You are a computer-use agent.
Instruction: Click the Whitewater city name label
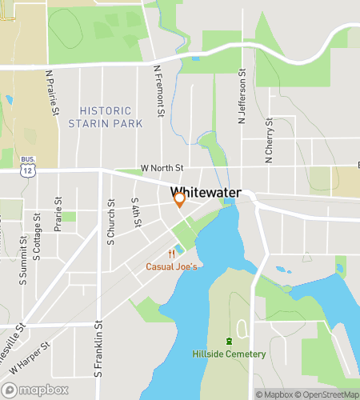pos(211,193)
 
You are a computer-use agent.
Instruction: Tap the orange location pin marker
pos(180,200)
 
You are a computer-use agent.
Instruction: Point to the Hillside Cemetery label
pos(229,354)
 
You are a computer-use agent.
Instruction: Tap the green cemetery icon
pos(229,342)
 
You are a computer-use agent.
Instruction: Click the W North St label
pos(162,168)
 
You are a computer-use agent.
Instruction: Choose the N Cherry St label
pos(270,141)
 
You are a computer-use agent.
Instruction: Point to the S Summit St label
pos(23,265)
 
